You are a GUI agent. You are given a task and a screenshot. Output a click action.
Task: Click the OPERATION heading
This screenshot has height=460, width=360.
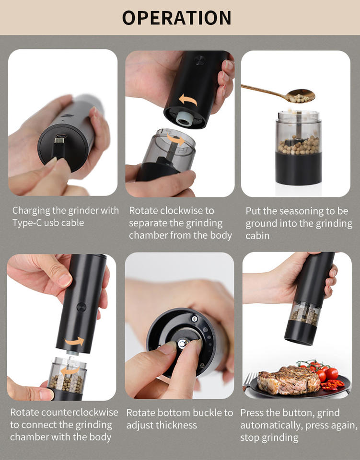(176, 18)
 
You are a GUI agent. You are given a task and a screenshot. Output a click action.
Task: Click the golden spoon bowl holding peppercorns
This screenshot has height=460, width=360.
(300, 96)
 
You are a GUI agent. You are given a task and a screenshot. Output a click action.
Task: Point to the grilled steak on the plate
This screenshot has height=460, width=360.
(289, 379)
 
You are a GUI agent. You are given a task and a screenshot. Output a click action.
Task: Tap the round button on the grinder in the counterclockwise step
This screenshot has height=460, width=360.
(81, 307)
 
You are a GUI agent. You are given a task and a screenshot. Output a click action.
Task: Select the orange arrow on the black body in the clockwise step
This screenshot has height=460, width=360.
(188, 100)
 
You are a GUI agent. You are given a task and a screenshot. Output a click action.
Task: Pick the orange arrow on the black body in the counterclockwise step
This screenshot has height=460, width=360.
(74, 341)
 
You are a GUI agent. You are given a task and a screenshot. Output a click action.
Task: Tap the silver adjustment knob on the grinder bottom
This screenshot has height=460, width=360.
(183, 343)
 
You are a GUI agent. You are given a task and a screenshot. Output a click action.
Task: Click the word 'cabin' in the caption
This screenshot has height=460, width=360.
(257, 236)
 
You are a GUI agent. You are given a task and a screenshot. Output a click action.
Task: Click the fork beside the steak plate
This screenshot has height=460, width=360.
(249, 380)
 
